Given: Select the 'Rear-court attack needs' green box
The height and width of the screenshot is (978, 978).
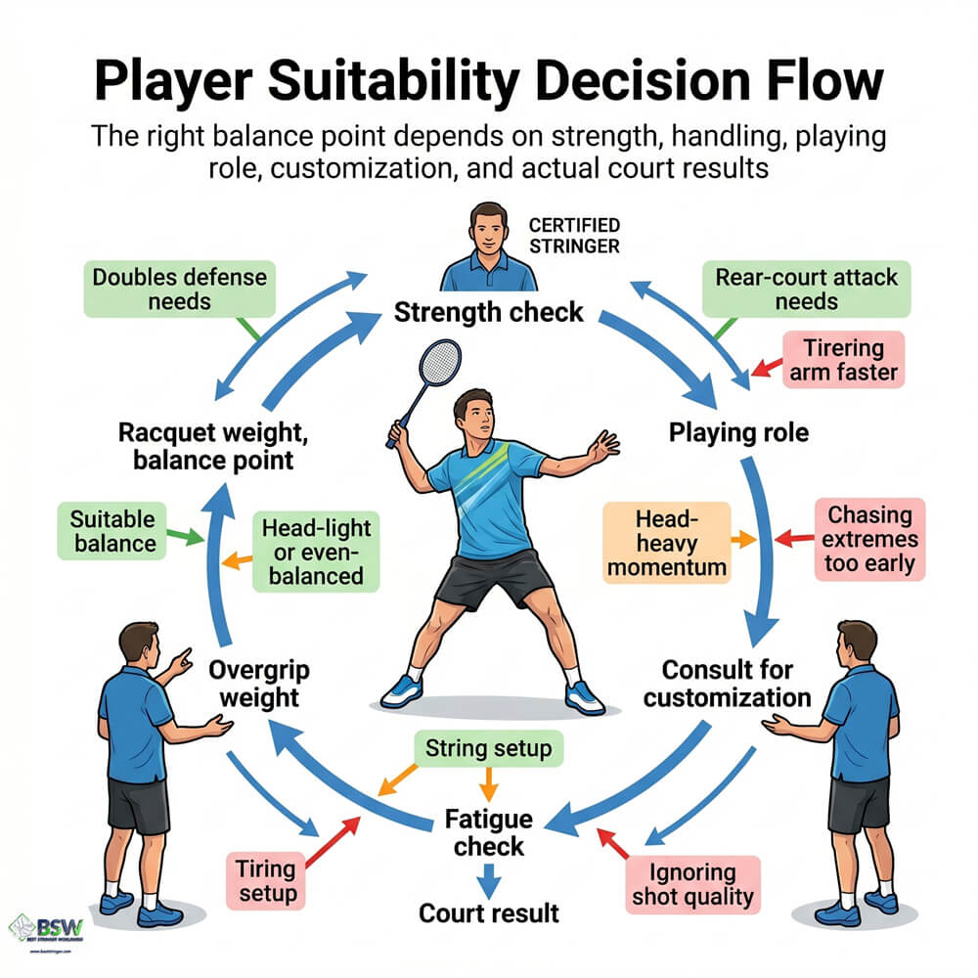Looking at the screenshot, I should (x=807, y=289).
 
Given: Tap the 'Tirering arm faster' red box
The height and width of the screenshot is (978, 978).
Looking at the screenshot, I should (x=843, y=360).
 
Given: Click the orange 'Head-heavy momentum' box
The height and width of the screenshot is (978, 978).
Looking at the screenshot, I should (x=667, y=543).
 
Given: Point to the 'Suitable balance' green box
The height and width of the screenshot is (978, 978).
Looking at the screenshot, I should (x=112, y=529).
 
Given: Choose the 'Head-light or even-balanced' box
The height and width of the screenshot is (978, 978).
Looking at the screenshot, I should (x=313, y=552).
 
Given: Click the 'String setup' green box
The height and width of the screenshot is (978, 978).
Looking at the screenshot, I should (x=488, y=749).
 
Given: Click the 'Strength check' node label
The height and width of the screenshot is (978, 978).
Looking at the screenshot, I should (x=488, y=313).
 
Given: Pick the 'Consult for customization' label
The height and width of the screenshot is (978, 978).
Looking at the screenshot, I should (x=727, y=684).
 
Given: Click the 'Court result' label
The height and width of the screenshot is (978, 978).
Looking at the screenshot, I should (x=489, y=912).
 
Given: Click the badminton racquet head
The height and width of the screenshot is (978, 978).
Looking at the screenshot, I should (x=439, y=363).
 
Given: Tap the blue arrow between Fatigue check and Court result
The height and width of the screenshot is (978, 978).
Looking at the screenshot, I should (x=490, y=879).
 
